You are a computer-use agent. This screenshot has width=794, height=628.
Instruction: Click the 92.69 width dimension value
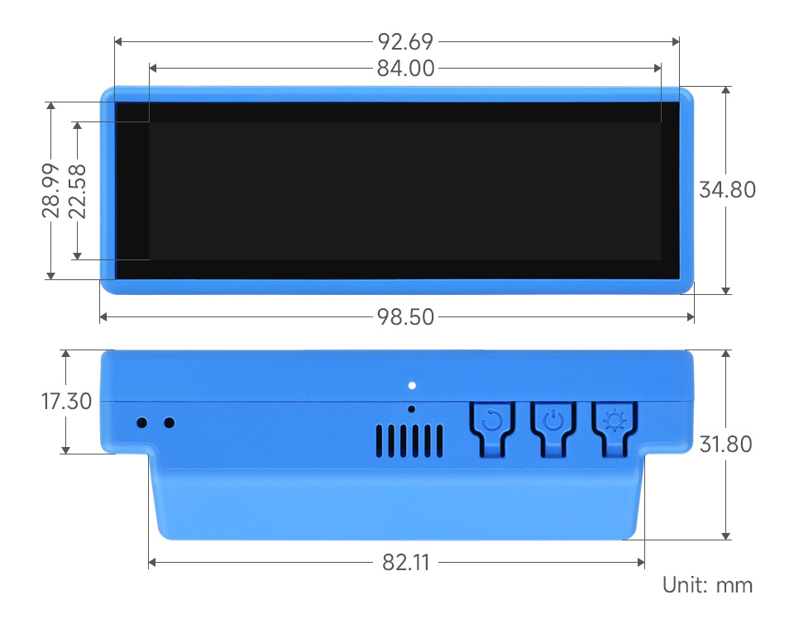[405, 41]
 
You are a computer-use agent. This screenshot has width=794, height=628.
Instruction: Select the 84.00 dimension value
[405, 69]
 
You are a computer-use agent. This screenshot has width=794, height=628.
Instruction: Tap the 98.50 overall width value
[405, 316]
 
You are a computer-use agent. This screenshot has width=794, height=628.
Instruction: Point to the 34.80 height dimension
[727, 189]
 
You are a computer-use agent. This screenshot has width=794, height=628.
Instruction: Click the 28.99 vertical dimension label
[51, 191]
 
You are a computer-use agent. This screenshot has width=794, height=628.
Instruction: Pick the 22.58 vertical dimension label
[77, 191]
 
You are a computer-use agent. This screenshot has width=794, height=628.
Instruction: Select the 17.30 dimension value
[66, 402]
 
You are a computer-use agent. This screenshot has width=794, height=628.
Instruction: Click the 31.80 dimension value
[725, 445]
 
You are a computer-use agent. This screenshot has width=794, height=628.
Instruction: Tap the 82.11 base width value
[405, 563]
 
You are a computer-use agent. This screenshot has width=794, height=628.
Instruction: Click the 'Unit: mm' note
[707, 586]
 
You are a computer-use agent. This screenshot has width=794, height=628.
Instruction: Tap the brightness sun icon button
[615, 422]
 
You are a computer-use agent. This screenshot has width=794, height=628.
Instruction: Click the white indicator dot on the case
[412, 385]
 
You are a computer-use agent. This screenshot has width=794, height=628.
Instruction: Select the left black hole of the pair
[142, 423]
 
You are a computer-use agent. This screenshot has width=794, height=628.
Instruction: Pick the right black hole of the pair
[170, 423]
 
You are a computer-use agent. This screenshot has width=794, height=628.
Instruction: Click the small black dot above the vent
[412, 409]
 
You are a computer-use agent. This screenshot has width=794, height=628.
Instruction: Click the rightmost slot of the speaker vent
[440, 441]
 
